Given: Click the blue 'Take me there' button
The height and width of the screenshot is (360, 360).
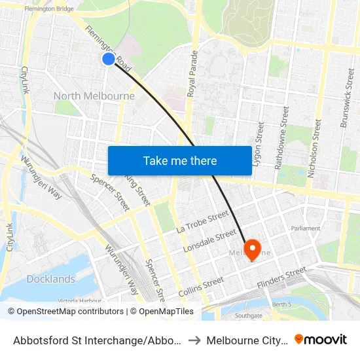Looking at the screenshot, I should (x=180, y=160).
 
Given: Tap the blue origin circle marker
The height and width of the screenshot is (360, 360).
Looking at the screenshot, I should (x=109, y=59).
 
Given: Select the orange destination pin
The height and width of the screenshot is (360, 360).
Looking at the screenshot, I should (x=252, y=251).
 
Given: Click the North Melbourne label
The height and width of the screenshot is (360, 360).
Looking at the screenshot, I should (x=94, y=96).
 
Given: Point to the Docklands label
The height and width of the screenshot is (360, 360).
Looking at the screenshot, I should (x=51, y=279).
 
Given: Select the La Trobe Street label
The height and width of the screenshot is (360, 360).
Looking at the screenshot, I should (x=203, y=222).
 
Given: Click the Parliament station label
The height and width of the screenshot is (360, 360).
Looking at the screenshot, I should (x=306, y=228).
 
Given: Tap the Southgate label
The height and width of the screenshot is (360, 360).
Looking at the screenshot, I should (x=248, y=315).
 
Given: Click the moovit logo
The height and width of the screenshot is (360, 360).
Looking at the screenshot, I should (x=321, y=340).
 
